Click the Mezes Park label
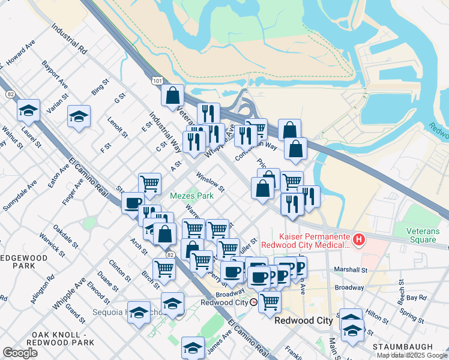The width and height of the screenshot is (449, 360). point(192,196)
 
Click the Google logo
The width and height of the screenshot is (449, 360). point(20,353)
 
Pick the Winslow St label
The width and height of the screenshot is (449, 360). point(210,182)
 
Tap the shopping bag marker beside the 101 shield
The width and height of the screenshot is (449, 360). point(172,95)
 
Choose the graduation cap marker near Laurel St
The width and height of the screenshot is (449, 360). point(28,110)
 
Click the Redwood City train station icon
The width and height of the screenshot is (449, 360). point(254,302)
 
